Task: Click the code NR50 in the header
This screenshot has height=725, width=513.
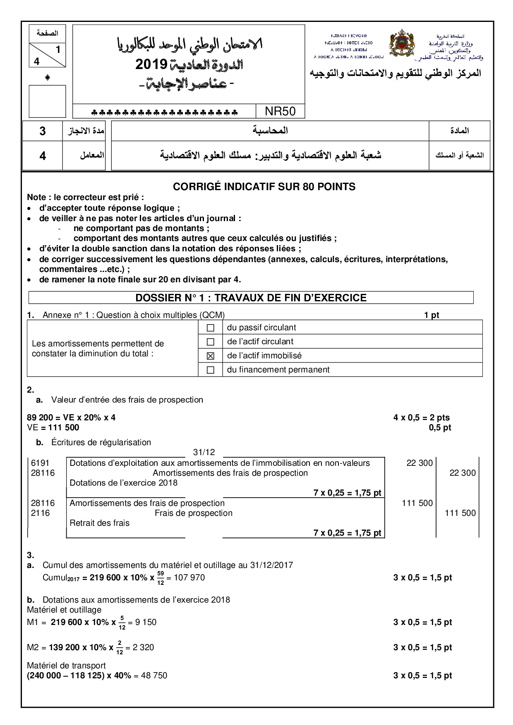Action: point(280,111)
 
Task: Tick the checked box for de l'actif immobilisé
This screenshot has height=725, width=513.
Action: point(210,356)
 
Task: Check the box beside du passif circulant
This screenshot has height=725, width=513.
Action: point(210,328)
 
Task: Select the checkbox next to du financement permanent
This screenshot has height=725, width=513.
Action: point(210,370)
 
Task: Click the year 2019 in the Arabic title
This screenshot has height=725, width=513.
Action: point(151,64)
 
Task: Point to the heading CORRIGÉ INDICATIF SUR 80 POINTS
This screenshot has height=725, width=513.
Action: point(264,187)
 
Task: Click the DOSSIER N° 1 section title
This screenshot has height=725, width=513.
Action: point(251,298)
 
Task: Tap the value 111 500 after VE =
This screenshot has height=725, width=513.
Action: point(64,427)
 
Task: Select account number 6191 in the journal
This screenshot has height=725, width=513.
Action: point(40,463)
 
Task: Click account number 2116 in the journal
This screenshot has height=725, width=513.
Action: point(40,513)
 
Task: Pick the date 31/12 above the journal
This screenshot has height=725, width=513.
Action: point(204,452)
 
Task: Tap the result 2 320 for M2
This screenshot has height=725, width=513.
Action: point(143,647)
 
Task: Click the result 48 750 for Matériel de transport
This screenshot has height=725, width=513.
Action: point(154,675)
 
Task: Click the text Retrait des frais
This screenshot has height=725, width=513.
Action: point(99,523)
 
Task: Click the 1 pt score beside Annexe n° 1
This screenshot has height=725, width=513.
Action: point(431,315)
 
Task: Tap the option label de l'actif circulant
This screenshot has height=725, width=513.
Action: point(260,341)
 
